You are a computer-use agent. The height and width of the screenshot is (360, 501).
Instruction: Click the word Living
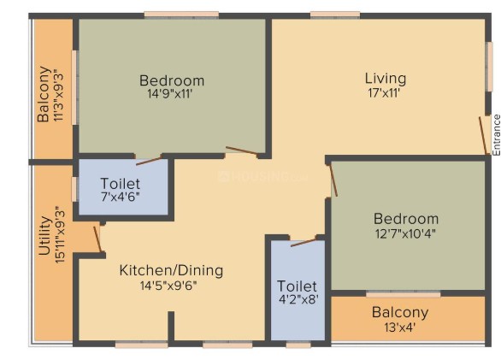[386, 79]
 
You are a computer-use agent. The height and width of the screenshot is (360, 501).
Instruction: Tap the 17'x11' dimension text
[384, 93]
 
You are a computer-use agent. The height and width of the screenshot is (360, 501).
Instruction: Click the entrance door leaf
[483, 136]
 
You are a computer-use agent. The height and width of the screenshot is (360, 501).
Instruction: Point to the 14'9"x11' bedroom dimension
[169, 94]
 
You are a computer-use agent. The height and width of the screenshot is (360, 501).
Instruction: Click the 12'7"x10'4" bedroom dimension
[405, 233]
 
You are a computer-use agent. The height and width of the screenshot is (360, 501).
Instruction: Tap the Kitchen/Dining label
[171, 270]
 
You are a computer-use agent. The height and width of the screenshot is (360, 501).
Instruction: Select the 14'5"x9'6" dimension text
[168, 286]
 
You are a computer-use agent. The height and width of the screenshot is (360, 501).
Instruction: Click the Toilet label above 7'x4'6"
[121, 184]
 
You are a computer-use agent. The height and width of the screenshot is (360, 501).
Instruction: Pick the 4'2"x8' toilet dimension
[298, 299]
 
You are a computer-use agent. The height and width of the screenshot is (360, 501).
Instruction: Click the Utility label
[44, 236]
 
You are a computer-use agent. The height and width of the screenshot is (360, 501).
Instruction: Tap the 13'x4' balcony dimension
[400, 328]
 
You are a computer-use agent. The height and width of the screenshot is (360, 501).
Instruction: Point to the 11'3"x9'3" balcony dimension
[59, 95]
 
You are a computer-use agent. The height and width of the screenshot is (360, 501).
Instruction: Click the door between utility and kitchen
[97, 239]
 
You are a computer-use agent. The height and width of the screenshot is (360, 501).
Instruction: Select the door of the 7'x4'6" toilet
[149, 161]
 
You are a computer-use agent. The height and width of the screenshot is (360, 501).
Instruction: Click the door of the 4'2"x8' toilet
[304, 242]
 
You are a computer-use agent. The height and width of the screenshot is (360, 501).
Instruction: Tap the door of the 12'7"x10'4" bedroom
[333, 180]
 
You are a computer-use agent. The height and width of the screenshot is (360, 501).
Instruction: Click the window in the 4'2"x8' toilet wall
[298, 345]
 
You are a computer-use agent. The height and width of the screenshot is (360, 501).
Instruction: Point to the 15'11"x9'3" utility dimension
[60, 234]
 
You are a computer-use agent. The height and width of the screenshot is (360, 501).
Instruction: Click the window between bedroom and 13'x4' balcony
[404, 294]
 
